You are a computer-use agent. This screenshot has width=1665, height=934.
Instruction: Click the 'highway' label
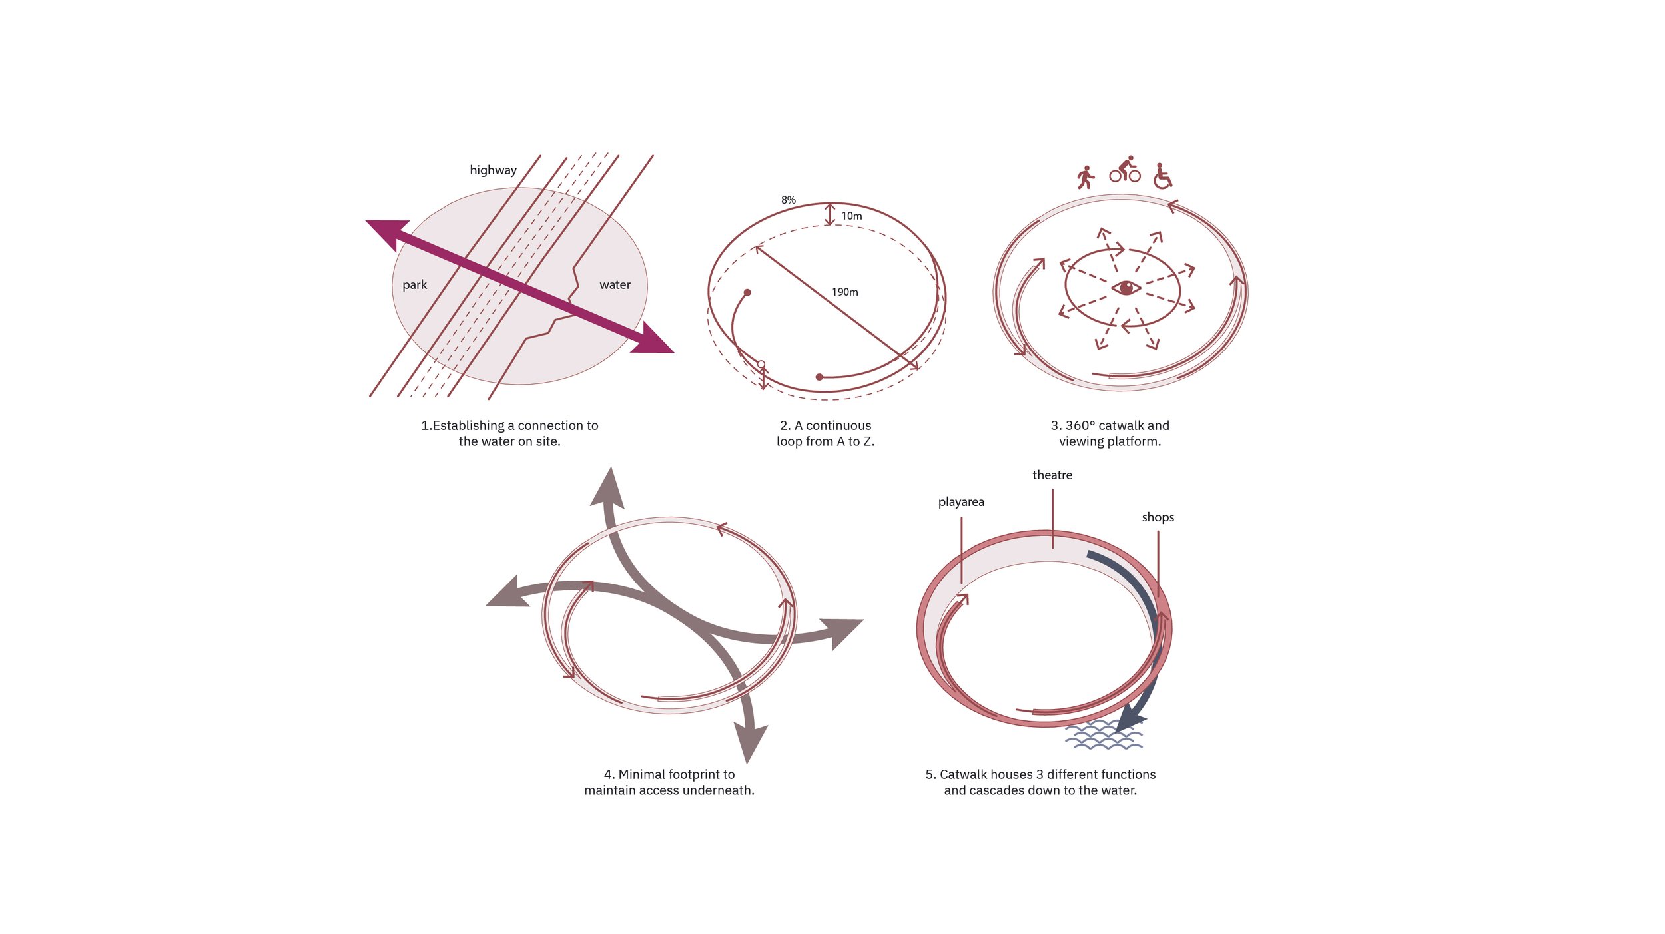coord(493,170)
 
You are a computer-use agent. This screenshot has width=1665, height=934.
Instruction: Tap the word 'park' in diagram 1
coord(414,284)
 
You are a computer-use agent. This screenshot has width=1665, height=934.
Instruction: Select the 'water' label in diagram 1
coord(615,284)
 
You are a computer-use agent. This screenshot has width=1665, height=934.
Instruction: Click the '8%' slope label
coord(788,200)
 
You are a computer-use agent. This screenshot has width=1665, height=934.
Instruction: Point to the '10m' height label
coord(851,216)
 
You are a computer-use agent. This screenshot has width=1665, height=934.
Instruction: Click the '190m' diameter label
coord(844,292)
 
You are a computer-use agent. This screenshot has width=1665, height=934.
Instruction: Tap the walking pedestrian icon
coord(1085,178)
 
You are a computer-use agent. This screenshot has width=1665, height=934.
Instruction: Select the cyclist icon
coord(1124,170)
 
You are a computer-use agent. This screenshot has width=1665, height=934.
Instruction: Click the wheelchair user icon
coord(1162,176)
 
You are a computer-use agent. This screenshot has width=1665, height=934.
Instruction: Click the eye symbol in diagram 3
coord(1126,288)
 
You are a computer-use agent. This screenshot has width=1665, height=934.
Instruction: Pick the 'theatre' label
coord(1052,475)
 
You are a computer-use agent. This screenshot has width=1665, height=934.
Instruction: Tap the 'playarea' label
coord(961,501)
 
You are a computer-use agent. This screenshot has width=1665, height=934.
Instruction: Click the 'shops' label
coord(1158,517)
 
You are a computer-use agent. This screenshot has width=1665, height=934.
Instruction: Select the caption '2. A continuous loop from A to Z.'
coord(825,433)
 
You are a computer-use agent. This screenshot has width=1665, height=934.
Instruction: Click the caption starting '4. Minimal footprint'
coord(669,782)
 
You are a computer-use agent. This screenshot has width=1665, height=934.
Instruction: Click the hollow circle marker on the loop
coord(761,364)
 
